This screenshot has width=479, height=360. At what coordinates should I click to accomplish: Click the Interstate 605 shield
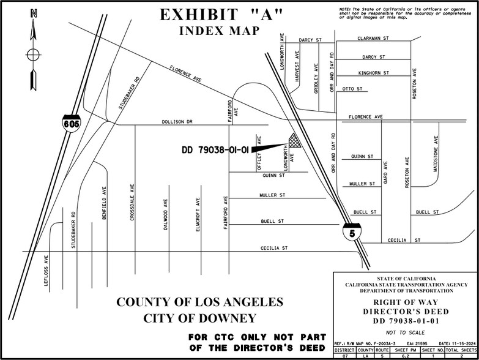pyautogui.click(x=70, y=124)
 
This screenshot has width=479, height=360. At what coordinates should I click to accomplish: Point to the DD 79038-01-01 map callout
pyautogui.click(x=215, y=149)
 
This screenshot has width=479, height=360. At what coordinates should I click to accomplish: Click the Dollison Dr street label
pyautogui.click(x=177, y=122)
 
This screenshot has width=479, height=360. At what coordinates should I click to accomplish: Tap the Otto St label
pyautogui.click(x=354, y=89)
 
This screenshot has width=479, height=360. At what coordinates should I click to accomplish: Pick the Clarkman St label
pyautogui.click(x=373, y=38)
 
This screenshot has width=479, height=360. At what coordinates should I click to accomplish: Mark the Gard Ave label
pyautogui.click(x=385, y=173)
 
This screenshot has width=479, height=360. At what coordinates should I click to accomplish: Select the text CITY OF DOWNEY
pyautogui.click(x=199, y=318)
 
